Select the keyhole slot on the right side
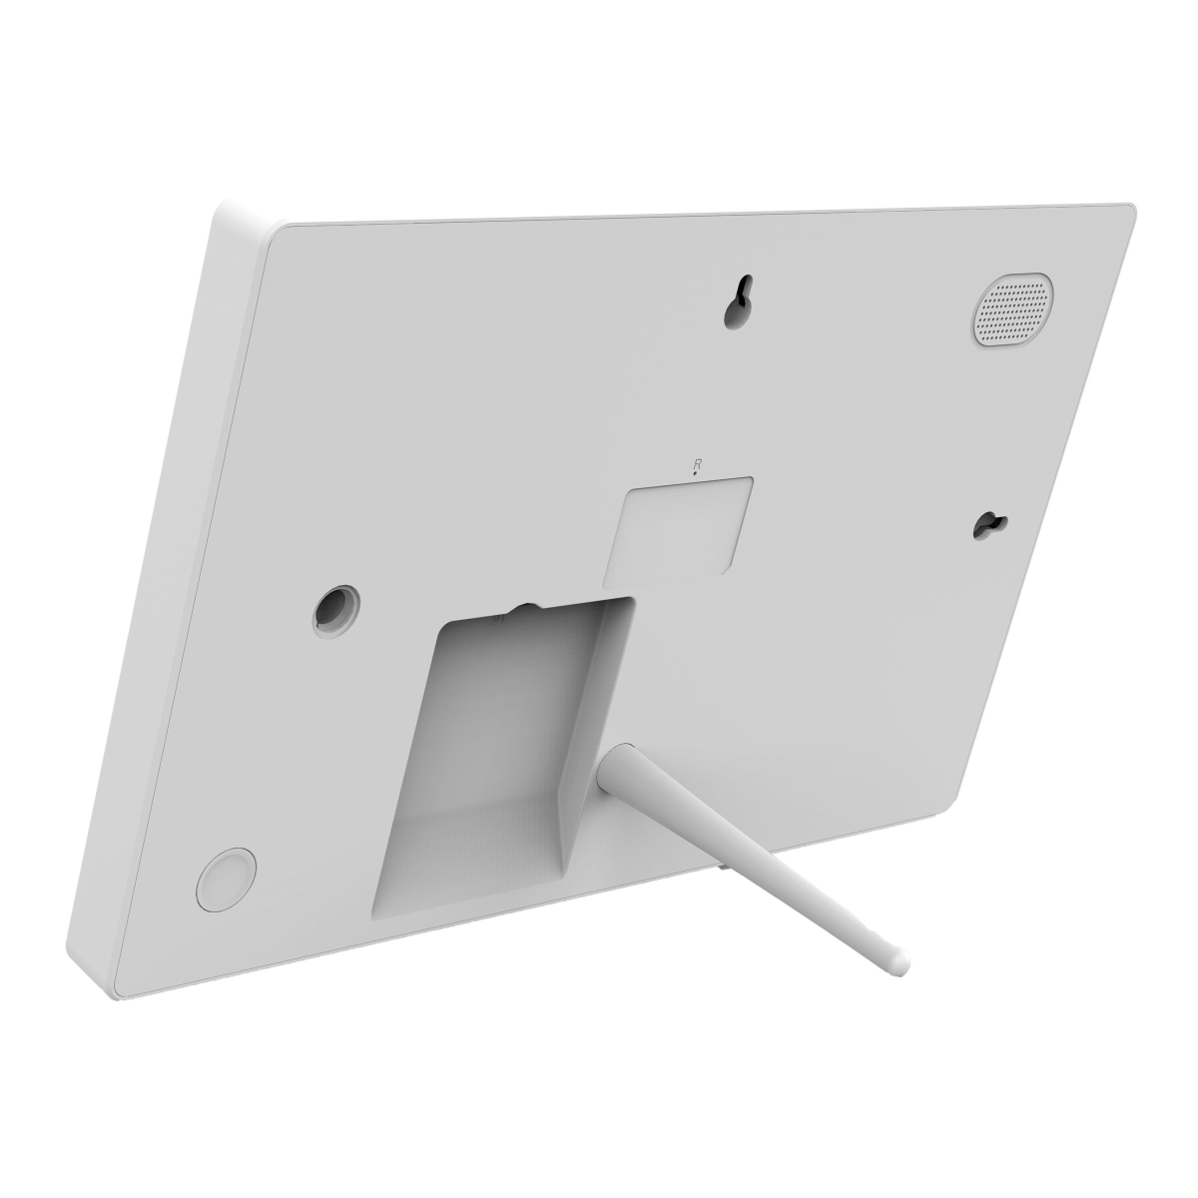coord(992,525)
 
